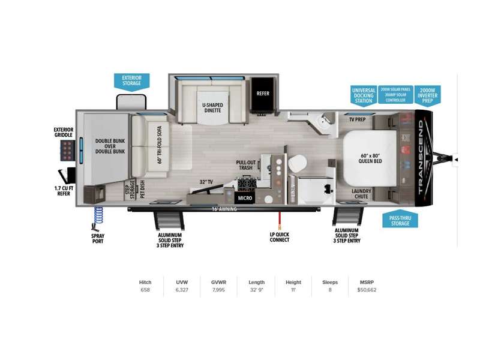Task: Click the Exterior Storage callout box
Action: pyautogui.click(x=131, y=80)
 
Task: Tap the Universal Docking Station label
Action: pyautogui.click(x=363, y=95)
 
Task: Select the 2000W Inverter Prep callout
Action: pyautogui.click(x=427, y=95)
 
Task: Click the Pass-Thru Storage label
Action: pyautogui.click(x=400, y=220)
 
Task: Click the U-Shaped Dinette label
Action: pyautogui.click(x=212, y=108)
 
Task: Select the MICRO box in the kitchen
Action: pyautogui.click(x=245, y=197)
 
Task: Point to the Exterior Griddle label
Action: pyautogui.click(x=63, y=131)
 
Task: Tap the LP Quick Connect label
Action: pyautogui.click(x=279, y=236)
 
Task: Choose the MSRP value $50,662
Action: pyautogui.click(x=365, y=290)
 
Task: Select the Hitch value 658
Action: pyautogui.click(x=145, y=290)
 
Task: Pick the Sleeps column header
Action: pyautogui.click(x=330, y=282)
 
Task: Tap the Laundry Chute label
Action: pyautogui.click(x=361, y=194)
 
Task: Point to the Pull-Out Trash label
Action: pyautogui.click(x=246, y=165)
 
